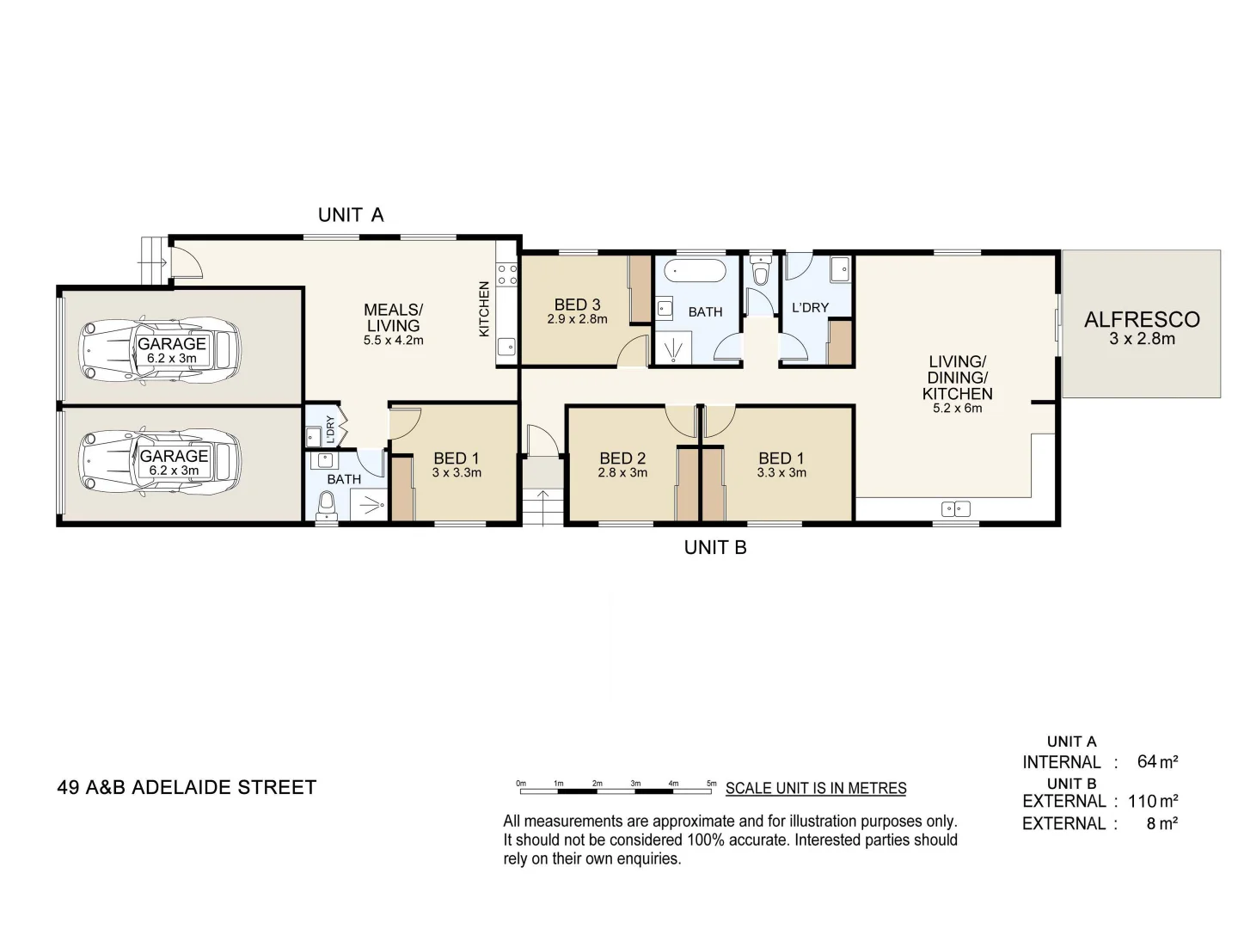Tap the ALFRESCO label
click(x=1142, y=320)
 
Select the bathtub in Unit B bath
click(x=696, y=270)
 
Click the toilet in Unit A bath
click(x=328, y=505)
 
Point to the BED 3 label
click(x=577, y=305)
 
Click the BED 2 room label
click(x=622, y=458)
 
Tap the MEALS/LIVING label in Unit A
click(x=393, y=317)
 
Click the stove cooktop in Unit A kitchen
click(x=507, y=274)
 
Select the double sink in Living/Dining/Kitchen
click(x=956, y=508)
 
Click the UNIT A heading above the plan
click(x=351, y=215)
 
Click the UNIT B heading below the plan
click(x=715, y=547)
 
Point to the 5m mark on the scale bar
click(x=712, y=784)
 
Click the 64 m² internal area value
click(x=1157, y=761)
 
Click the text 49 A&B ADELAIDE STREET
click(x=187, y=787)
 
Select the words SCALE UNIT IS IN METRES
click(x=816, y=788)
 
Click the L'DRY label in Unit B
click(x=810, y=307)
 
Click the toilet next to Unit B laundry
click(x=760, y=272)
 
